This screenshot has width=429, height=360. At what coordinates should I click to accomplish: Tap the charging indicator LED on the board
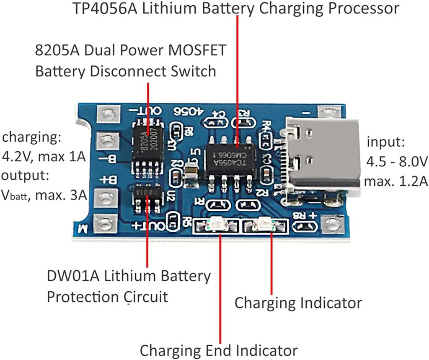266,225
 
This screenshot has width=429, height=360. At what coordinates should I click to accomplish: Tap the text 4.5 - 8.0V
396,162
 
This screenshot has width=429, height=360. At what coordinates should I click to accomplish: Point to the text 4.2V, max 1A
44,157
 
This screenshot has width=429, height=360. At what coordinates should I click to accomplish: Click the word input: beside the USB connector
386,142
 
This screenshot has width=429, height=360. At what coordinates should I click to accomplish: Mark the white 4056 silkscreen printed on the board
188,111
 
